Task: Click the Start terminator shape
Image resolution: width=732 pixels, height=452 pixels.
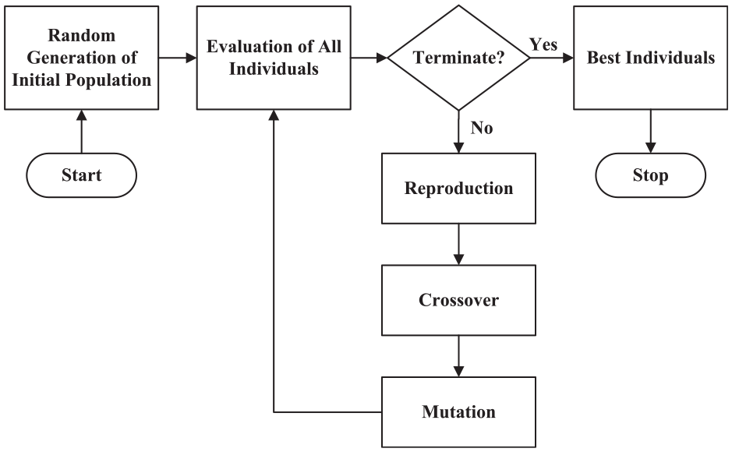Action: (x=81, y=175)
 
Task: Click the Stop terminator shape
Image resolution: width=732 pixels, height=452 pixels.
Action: (x=650, y=175)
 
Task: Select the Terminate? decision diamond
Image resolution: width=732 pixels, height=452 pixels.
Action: (x=459, y=58)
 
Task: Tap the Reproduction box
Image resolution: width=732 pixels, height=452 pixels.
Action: (x=458, y=188)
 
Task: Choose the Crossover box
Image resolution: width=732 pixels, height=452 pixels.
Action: (x=458, y=300)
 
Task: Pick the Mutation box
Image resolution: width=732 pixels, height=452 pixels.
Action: (x=458, y=412)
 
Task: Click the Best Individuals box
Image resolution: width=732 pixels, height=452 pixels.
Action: (x=650, y=58)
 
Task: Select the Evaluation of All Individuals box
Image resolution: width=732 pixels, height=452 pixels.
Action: (x=274, y=58)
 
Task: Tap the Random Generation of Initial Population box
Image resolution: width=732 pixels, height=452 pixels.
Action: (x=82, y=58)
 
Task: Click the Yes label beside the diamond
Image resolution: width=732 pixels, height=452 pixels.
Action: (x=543, y=44)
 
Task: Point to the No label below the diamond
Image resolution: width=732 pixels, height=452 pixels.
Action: (x=482, y=128)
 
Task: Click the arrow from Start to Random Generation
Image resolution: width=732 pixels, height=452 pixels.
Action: (x=82, y=132)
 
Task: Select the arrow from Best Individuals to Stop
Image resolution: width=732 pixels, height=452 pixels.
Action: (x=650, y=132)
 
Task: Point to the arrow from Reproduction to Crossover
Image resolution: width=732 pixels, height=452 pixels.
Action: (x=459, y=245)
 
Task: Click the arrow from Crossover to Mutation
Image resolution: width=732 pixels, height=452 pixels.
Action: (x=459, y=356)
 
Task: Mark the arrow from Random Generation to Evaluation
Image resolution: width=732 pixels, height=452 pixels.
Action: (x=178, y=58)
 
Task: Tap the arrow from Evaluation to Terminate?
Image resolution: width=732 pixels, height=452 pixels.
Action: (x=370, y=58)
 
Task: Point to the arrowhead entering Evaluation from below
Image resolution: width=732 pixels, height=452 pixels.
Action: (x=274, y=115)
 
